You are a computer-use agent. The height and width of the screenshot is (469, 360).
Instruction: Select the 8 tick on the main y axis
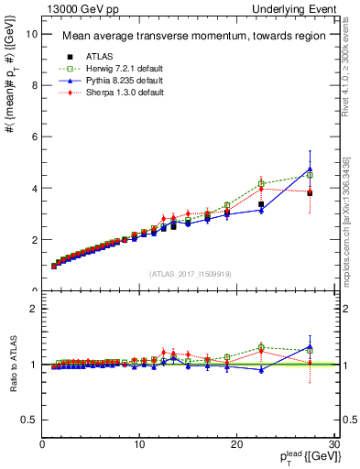pyautogui.click(x=34, y=85)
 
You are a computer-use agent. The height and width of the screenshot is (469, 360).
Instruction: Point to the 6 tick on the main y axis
pyautogui.click(x=34, y=136)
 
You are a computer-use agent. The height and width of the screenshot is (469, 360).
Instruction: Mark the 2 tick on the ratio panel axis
pyautogui.click(x=34, y=309)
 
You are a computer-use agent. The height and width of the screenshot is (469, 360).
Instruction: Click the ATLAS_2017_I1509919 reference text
pyautogui.click(x=191, y=274)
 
